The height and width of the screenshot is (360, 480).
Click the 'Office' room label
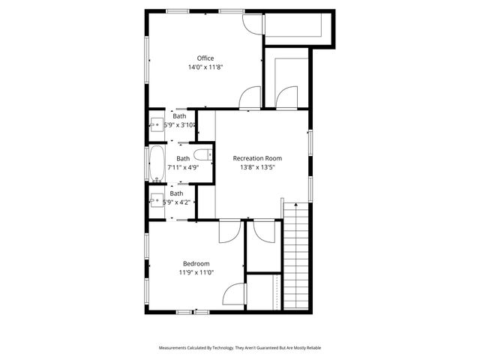pos(205,58)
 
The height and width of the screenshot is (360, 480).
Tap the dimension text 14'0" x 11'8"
pos(205,67)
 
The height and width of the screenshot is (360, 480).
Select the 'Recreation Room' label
pos(257,158)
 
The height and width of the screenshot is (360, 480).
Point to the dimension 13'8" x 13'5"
pos(257,167)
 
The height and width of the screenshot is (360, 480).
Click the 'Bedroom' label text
pos(196,263)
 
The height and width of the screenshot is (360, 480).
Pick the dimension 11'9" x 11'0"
pos(196,272)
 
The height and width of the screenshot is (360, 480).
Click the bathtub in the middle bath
pos(157,163)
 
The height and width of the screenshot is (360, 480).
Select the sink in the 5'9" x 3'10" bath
pos(158,124)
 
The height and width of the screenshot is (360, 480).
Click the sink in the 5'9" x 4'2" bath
pos(157,200)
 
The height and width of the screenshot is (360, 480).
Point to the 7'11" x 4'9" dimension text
pos(183,167)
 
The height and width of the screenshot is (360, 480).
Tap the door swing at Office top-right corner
pos(251,23)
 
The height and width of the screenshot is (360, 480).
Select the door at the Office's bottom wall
pos(250,98)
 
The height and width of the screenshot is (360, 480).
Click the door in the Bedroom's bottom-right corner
pos(234,295)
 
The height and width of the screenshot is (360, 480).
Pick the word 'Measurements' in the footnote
pos(175,348)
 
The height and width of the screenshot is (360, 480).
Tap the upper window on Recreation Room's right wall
pos(309,142)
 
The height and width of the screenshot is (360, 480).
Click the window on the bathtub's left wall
pos(146,163)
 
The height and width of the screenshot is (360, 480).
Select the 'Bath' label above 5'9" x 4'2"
pos(176,193)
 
